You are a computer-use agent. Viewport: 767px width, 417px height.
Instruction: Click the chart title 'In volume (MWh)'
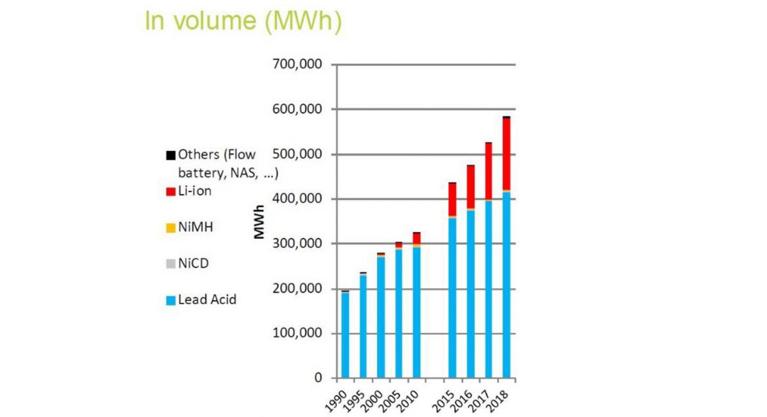tap(243, 21)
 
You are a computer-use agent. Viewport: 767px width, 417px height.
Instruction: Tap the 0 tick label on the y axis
tap(318, 378)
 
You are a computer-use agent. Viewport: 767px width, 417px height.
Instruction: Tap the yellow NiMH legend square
tap(170, 228)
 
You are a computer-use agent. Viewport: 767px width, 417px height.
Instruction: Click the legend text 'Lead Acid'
tap(208, 299)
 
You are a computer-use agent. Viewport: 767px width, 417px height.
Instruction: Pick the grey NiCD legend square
tap(170, 264)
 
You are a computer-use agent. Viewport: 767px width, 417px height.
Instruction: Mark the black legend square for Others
tap(170, 155)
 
